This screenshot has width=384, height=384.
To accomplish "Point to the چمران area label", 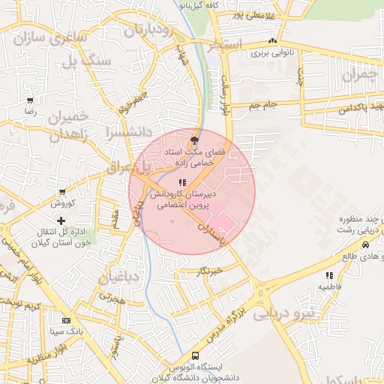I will point(357,75).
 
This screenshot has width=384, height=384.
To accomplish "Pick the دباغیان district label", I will point(119,277).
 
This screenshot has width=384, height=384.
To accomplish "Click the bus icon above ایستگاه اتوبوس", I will point(196,355).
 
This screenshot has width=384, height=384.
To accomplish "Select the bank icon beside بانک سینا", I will point(66,319).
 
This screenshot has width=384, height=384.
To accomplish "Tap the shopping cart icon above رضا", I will point(30,100).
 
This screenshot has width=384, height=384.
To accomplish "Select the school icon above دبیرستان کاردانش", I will point(182,182).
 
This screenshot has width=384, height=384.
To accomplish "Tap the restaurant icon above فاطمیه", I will point(330,275).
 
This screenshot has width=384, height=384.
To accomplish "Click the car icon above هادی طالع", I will point(365,245).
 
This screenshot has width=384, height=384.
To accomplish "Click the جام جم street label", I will point(263,105).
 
